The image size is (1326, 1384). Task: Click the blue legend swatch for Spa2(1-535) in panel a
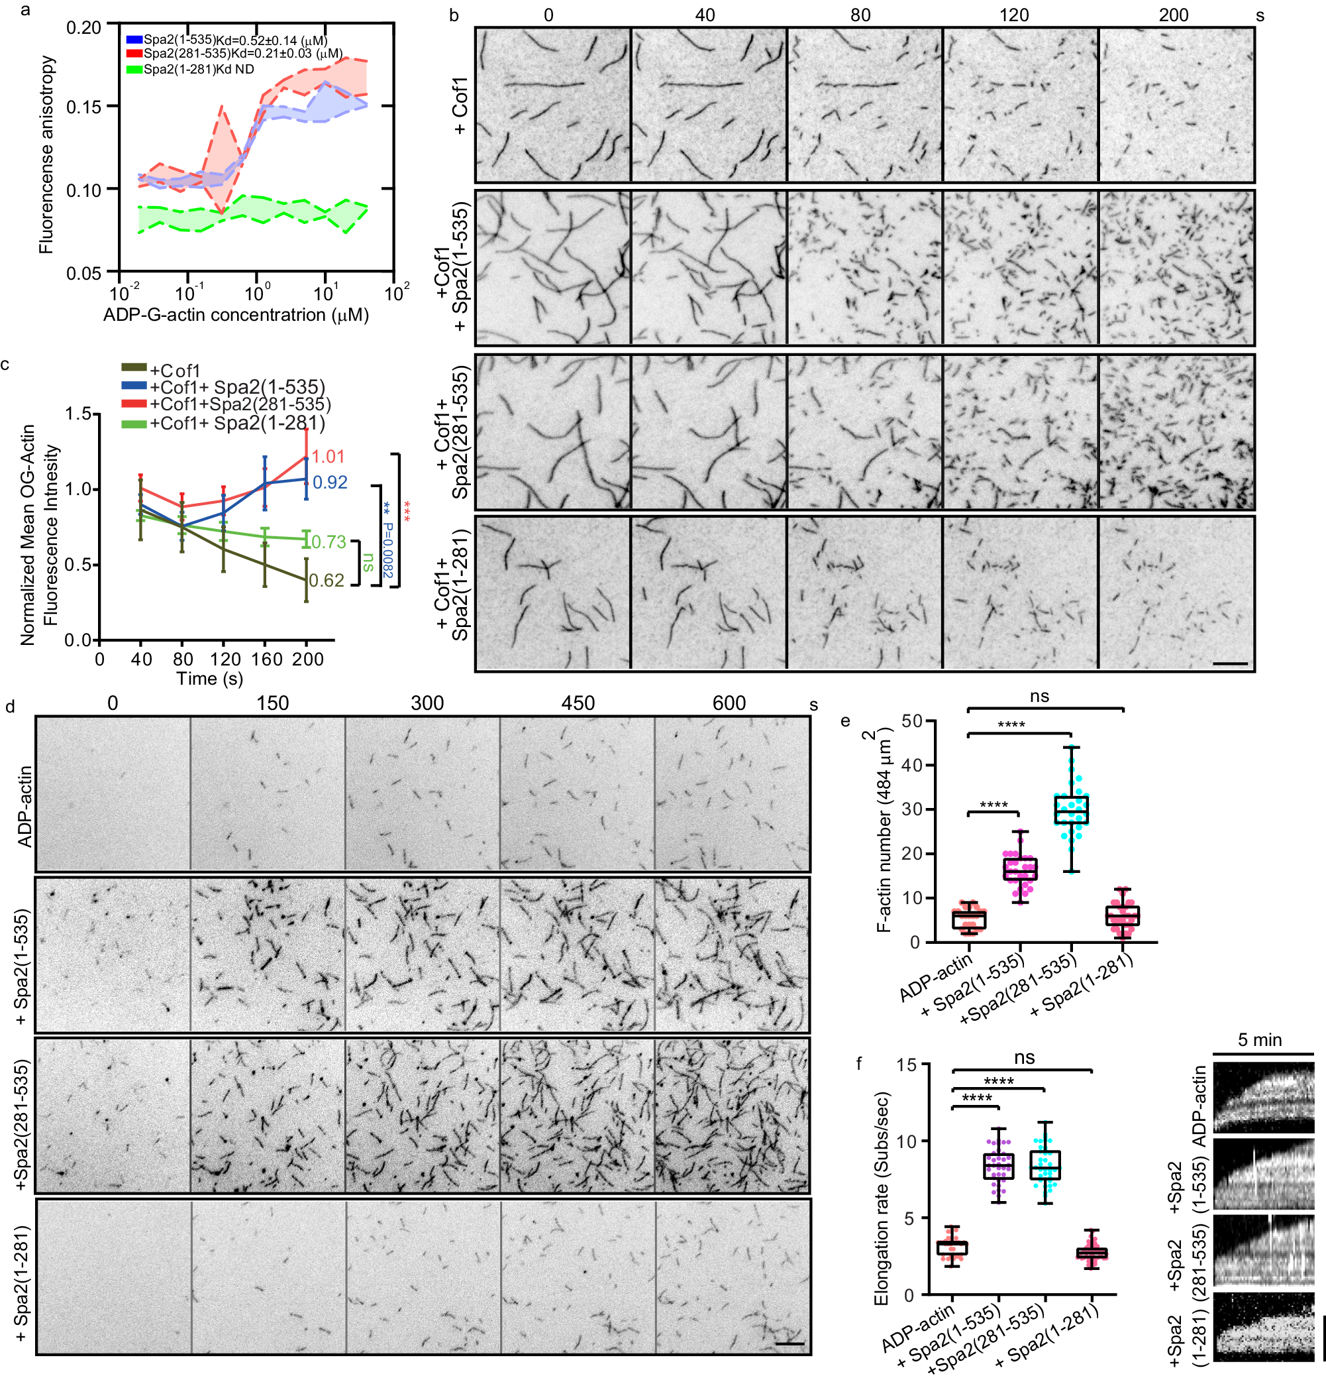(134, 40)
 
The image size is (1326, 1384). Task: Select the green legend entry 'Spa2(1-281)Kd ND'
(198, 69)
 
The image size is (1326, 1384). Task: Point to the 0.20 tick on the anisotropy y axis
(84, 28)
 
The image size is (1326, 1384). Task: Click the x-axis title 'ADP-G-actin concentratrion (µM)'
(236, 315)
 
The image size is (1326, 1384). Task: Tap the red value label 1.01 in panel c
(328, 457)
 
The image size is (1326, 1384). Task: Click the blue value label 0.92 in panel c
(330, 483)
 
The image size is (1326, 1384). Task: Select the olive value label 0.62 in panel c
(327, 581)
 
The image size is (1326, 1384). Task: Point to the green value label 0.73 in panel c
(328, 542)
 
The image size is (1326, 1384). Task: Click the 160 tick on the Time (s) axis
(267, 660)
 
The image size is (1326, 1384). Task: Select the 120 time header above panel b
(1014, 15)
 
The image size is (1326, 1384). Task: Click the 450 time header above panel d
(578, 703)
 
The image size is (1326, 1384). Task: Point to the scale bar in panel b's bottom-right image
(1231, 663)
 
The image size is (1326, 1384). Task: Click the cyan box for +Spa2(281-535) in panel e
(1071, 811)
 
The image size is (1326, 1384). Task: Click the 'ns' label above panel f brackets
(1024, 1058)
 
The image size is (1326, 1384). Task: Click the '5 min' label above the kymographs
(1260, 1040)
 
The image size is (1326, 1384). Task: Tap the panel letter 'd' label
(10, 707)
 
